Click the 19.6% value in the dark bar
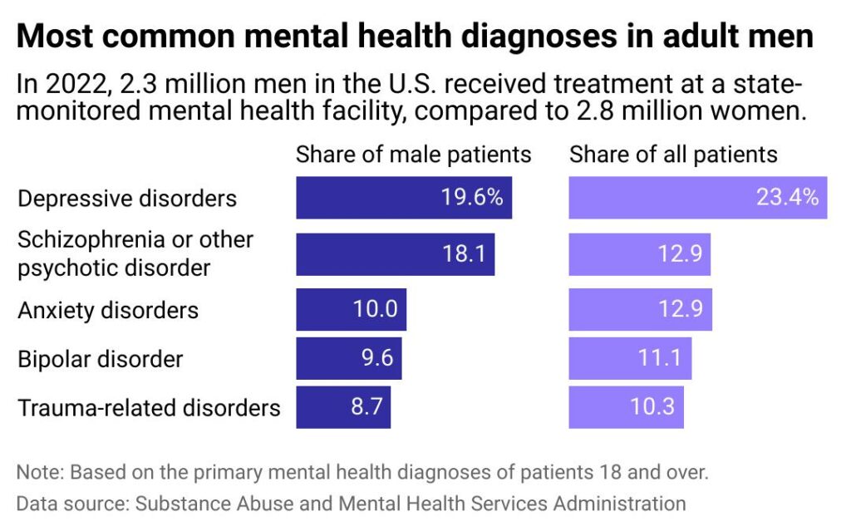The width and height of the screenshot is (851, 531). click(x=471, y=198)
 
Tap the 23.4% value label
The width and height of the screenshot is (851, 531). click(x=787, y=198)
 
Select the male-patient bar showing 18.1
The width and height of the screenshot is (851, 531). click(x=395, y=254)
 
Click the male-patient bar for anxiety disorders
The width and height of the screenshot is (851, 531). click(x=351, y=310)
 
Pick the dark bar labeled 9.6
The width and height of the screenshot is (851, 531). click(x=348, y=359)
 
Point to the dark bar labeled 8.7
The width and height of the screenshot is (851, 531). click(x=342, y=407)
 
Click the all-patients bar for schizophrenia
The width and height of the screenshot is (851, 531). click(x=639, y=254)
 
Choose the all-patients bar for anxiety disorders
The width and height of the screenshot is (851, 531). click(x=639, y=310)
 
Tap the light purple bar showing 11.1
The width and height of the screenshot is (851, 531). click(x=629, y=359)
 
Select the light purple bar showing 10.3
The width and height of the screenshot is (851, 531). click(x=625, y=407)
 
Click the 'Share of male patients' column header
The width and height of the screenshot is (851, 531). click(x=413, y=155)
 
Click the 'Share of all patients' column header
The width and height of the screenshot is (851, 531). click(x=673, y=155)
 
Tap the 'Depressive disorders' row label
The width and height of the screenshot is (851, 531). click(x=127, y=199)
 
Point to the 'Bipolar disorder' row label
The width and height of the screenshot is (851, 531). click(x=100, y=359)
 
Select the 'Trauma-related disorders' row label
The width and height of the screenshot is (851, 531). click(x=149, y=408)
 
